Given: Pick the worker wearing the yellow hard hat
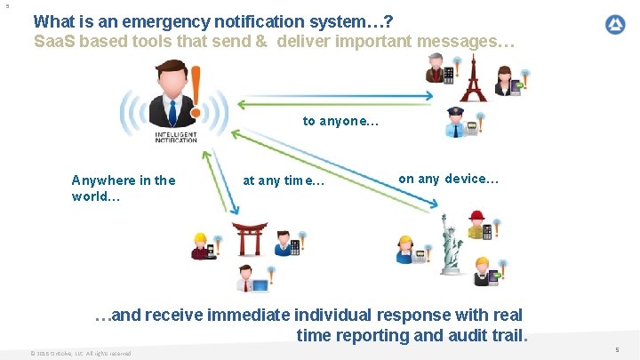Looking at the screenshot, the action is click(202, 244).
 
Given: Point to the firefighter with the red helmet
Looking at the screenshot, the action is click(478, 227).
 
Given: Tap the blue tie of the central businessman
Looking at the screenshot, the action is click(169, 111).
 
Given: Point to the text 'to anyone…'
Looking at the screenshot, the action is click(340, 121).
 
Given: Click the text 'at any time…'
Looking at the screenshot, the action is click(284, 180).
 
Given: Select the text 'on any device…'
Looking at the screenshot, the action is click(448, 179).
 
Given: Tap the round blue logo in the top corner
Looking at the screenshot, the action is click(615, 25).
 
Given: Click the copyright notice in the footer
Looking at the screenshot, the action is click(80, 353).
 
